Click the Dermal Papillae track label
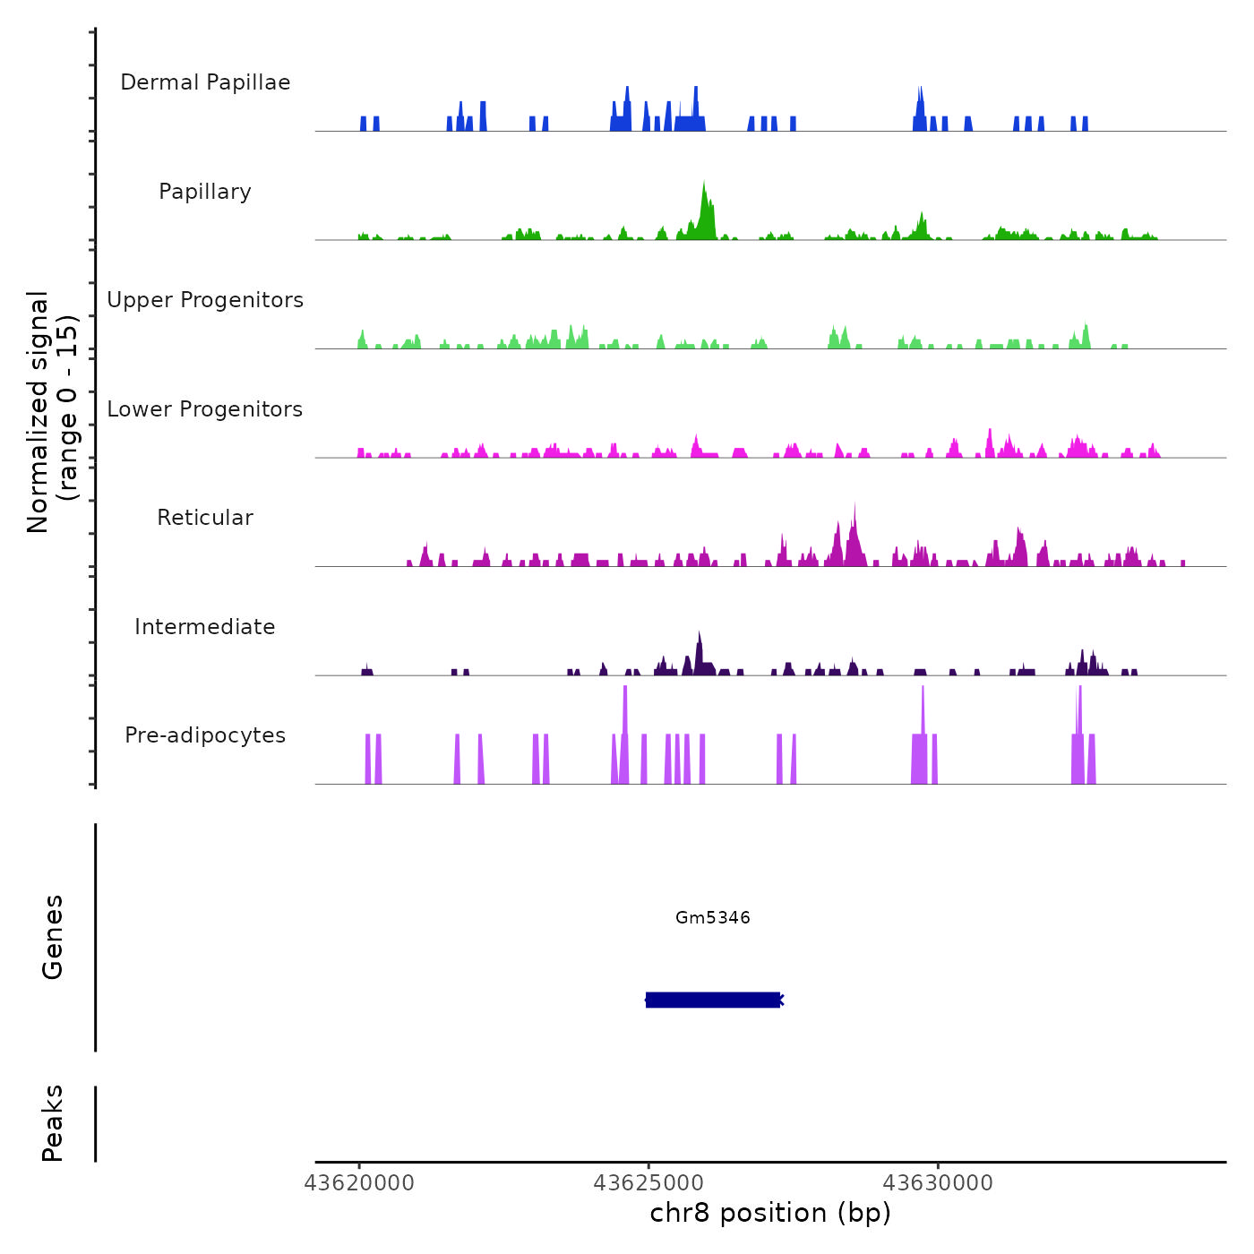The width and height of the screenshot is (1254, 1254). [x=205, y=82]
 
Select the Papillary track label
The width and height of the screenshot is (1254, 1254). [x=205, y=192]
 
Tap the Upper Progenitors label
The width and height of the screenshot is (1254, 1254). [x=205, y=300]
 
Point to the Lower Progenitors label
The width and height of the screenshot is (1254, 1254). [x=205, y=409]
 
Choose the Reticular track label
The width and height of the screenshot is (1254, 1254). [x=205, y=518]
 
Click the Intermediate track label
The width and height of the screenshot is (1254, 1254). [x=205, y=627]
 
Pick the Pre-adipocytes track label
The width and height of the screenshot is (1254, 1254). [x=205, y=735]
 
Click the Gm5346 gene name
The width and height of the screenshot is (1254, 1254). [x=713, y=918]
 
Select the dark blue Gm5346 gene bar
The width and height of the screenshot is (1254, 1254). [x=713, y=1000]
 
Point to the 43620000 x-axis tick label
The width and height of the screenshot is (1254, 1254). [x=359, y=1183]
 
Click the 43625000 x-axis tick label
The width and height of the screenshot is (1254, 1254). [x=648, y=1183]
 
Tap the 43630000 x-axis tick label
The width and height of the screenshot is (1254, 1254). [x=938, y=1183]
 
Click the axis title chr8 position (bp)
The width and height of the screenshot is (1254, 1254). [x=770, y=1213]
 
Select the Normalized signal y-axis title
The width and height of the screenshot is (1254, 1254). [x=38, y=412]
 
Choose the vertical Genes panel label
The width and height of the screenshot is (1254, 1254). [x=53, y=937]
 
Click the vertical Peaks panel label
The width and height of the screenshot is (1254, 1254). [x=53, y=1123]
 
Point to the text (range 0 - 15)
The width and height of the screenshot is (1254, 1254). [x=68, y=408]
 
